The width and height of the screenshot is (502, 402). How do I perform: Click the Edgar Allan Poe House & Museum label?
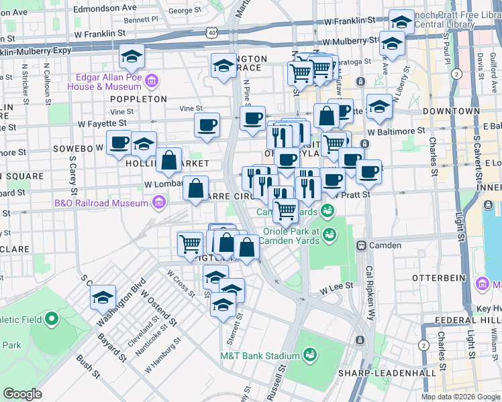coord(109,82)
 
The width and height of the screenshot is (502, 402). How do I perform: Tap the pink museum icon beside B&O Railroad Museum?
coord(158,202)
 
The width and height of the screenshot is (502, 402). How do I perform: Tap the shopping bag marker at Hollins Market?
coord(169,161)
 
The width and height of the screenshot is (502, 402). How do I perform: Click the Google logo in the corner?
coord(23,394)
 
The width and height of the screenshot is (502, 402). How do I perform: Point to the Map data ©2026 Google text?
coord(460,397)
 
